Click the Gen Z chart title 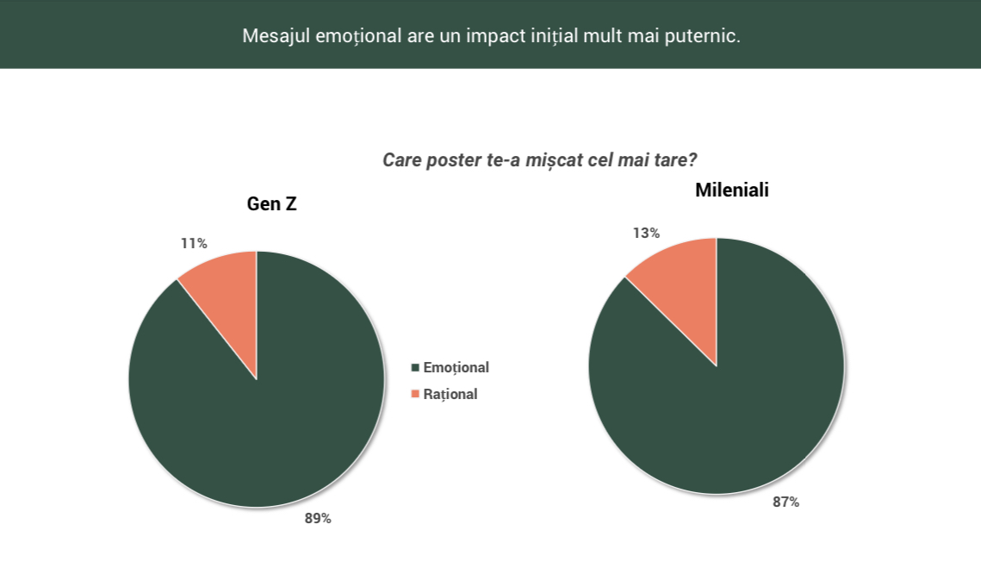(271, 204)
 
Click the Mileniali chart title (732, 190)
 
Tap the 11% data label (194, 244)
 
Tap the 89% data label (318, 518)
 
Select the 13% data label (646, 233)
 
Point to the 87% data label (785, 502)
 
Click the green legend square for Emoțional (415, 367)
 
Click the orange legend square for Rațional (415, 394)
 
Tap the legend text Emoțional (456, 367)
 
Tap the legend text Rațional (450, 395)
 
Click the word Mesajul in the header (276, 35)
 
